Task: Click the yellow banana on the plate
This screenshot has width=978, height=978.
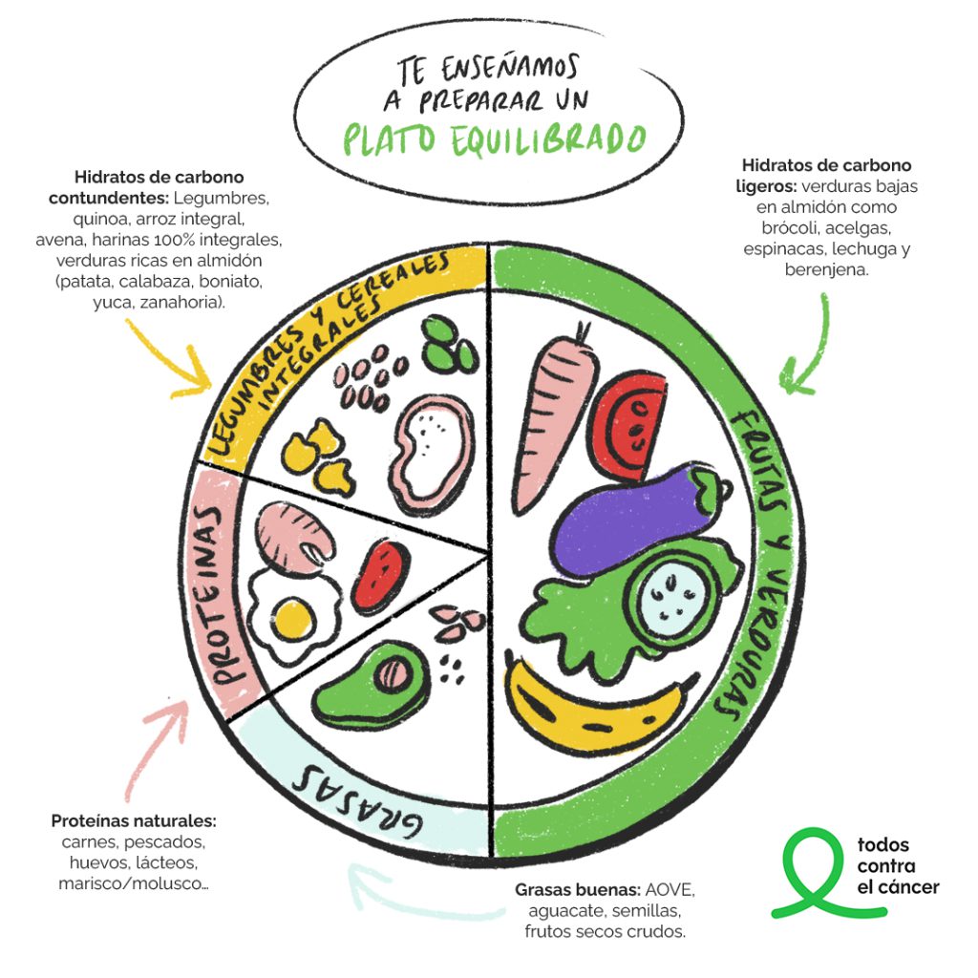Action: point(586,717)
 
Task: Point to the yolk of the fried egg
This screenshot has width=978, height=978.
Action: point(293,619)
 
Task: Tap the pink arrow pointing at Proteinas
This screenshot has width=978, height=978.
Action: point(156,749)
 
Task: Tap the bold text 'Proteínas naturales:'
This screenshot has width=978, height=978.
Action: point(134,820)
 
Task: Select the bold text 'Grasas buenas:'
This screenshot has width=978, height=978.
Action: point(577,889)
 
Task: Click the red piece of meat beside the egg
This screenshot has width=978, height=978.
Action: point(379,574)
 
